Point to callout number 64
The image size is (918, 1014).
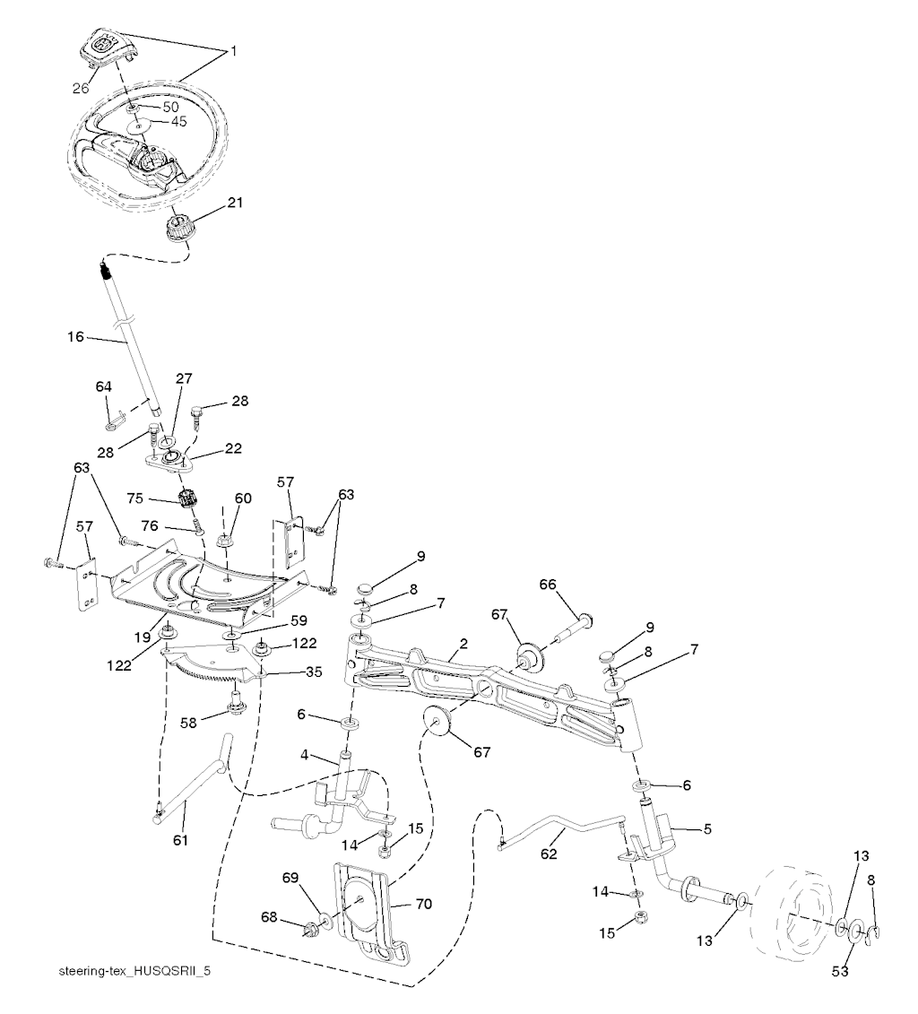tap(104, 386)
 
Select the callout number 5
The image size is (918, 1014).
tap(707, 829)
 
